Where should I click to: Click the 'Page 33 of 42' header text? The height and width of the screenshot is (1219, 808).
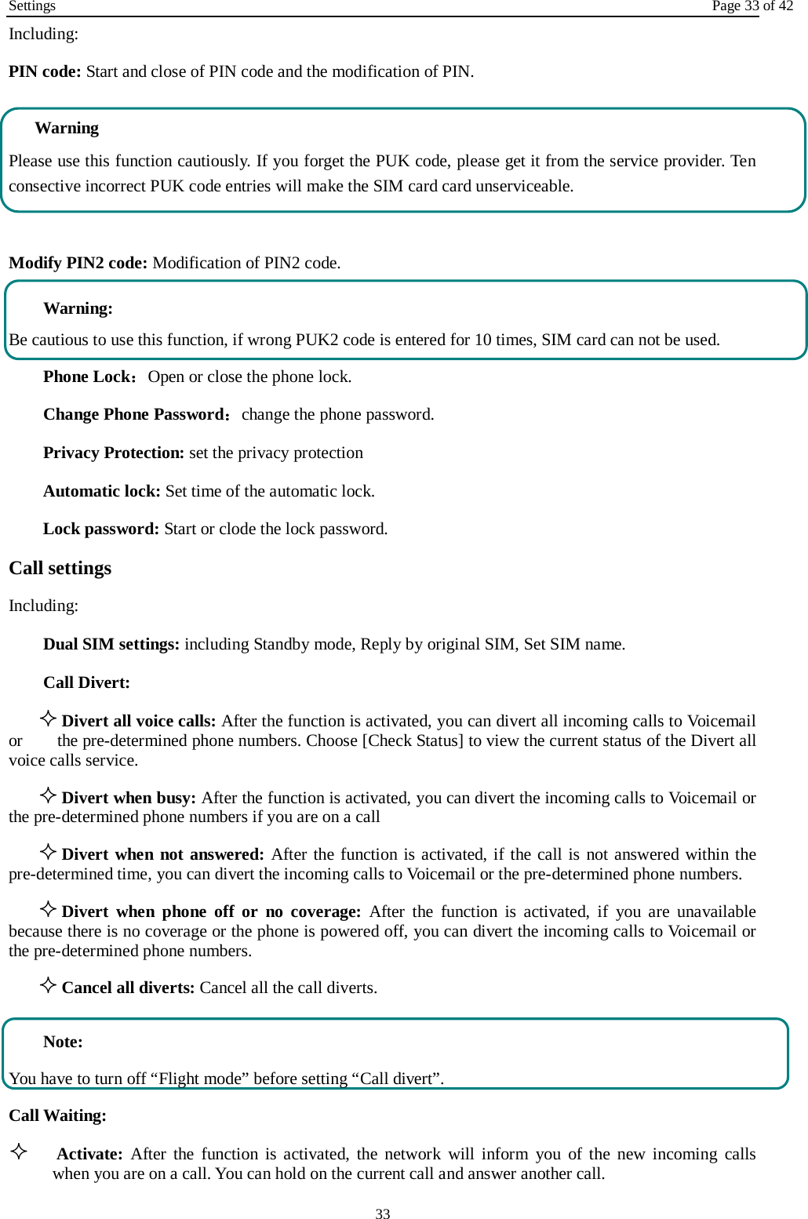[752, 6]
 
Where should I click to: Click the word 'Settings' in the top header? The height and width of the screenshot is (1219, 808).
[32, 6]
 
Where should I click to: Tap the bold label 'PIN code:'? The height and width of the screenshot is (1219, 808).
[45, 71]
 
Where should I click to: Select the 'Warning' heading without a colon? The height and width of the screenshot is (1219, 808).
[67, 128]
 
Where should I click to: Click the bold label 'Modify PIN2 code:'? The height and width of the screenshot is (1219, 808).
[78, 263]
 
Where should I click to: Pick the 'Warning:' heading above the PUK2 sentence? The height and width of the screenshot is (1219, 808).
[78, 308]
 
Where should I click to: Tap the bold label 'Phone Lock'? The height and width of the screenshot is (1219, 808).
[86, 377]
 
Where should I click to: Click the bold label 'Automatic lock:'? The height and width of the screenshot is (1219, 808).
[102, 491]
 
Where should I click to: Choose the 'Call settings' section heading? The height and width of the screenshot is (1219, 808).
[60, 568]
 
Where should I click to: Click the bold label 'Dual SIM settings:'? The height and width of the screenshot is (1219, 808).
[111, 644]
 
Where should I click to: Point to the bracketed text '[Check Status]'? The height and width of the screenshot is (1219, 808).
[413, 740]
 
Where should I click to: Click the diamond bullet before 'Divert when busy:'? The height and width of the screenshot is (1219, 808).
[48, 795]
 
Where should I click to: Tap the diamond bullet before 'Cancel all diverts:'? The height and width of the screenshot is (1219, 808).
[48, 985]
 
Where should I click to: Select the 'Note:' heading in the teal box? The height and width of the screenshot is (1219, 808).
[63, 1042]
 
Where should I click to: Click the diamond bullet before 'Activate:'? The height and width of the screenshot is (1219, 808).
[19, 1152]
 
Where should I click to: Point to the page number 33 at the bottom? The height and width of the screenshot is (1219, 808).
[383, 1214]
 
